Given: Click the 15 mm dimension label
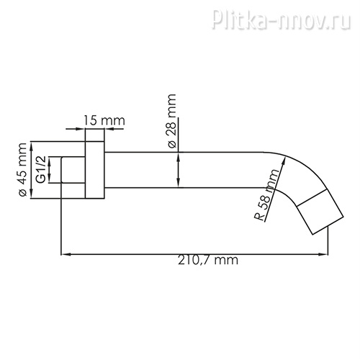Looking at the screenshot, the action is (104, 120).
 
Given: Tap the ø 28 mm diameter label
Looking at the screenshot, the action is (172, 121).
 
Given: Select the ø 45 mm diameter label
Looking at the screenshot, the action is (22, 170).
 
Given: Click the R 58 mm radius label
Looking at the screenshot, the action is (267, 195).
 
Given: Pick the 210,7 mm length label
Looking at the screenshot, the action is (208, 260).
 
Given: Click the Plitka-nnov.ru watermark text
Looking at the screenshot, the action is (282, 19).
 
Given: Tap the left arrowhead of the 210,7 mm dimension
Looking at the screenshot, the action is (66, 254).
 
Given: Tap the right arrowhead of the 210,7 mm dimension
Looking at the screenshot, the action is (323, 254).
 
